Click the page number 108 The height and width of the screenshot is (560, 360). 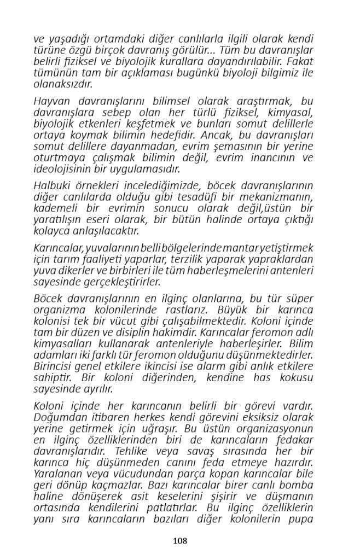click(x=180, y=541)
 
